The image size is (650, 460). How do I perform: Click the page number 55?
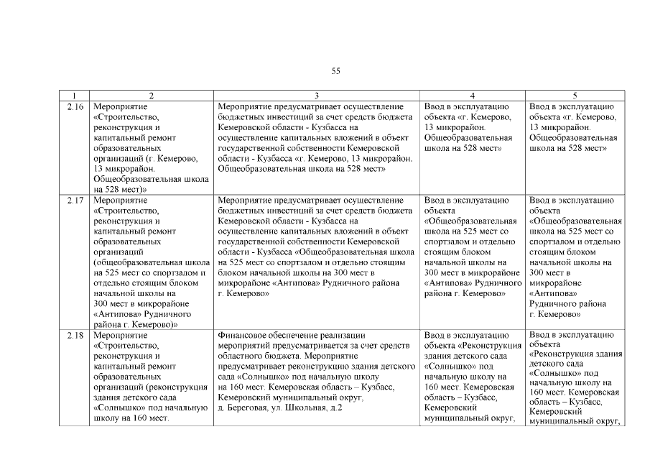point(335,70)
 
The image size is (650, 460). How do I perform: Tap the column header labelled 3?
point(317,96)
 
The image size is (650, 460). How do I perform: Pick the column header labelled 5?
point(575,96)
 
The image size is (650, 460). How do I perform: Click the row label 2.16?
point(75,106)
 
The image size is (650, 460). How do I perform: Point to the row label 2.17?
point(75,200)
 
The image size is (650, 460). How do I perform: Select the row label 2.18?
point(75,335)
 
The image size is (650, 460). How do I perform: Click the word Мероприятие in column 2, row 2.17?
point(120,200)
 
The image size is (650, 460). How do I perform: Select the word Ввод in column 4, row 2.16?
point(436,106)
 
